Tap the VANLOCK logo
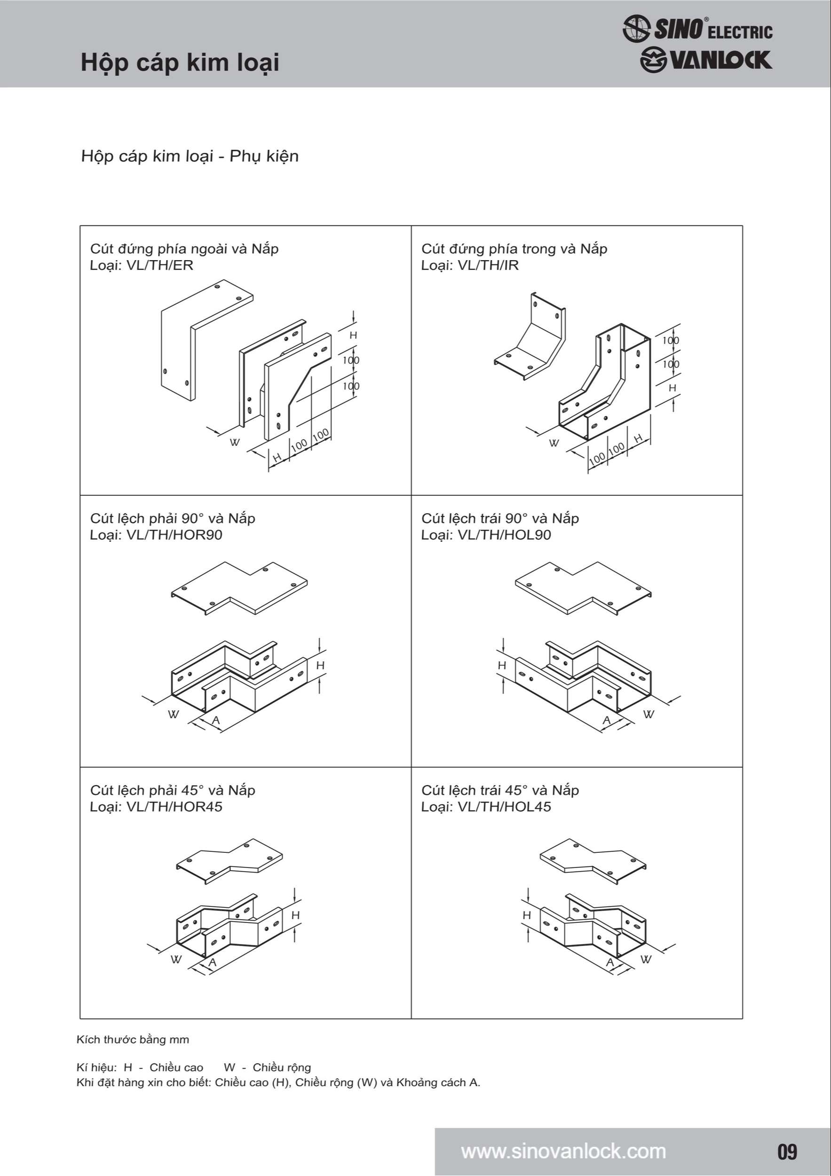pos(705,60)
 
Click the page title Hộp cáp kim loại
pos(180,63)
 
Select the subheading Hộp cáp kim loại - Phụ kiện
pos(190,156)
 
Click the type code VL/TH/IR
pos(488,265)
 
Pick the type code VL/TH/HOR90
pos(174,535)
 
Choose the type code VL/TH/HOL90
pos(504,535)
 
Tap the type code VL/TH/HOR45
pos(174,807)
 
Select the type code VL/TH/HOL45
pos(504,807)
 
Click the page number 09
pos(787,1152)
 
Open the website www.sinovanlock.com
pos(563,1152)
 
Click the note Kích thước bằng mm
pos(133,1040)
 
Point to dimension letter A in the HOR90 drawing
pos(216,720)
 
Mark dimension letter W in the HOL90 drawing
pos(648,714)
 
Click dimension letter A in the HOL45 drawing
pos(610,962)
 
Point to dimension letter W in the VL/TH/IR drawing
pos(554,443)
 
